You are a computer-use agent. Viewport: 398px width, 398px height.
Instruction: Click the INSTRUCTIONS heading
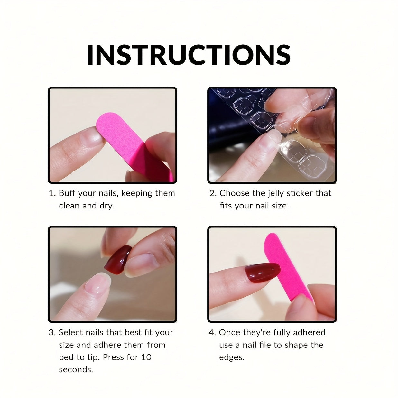pos(189,55)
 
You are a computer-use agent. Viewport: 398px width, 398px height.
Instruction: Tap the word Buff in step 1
pos(67,193)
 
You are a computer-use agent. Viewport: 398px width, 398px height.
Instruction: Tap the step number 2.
pos(213,193)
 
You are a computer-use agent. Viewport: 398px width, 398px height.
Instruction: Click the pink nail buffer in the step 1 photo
pos(132,144)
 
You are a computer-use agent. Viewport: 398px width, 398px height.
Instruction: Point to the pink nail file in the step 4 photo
pos(287,266)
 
